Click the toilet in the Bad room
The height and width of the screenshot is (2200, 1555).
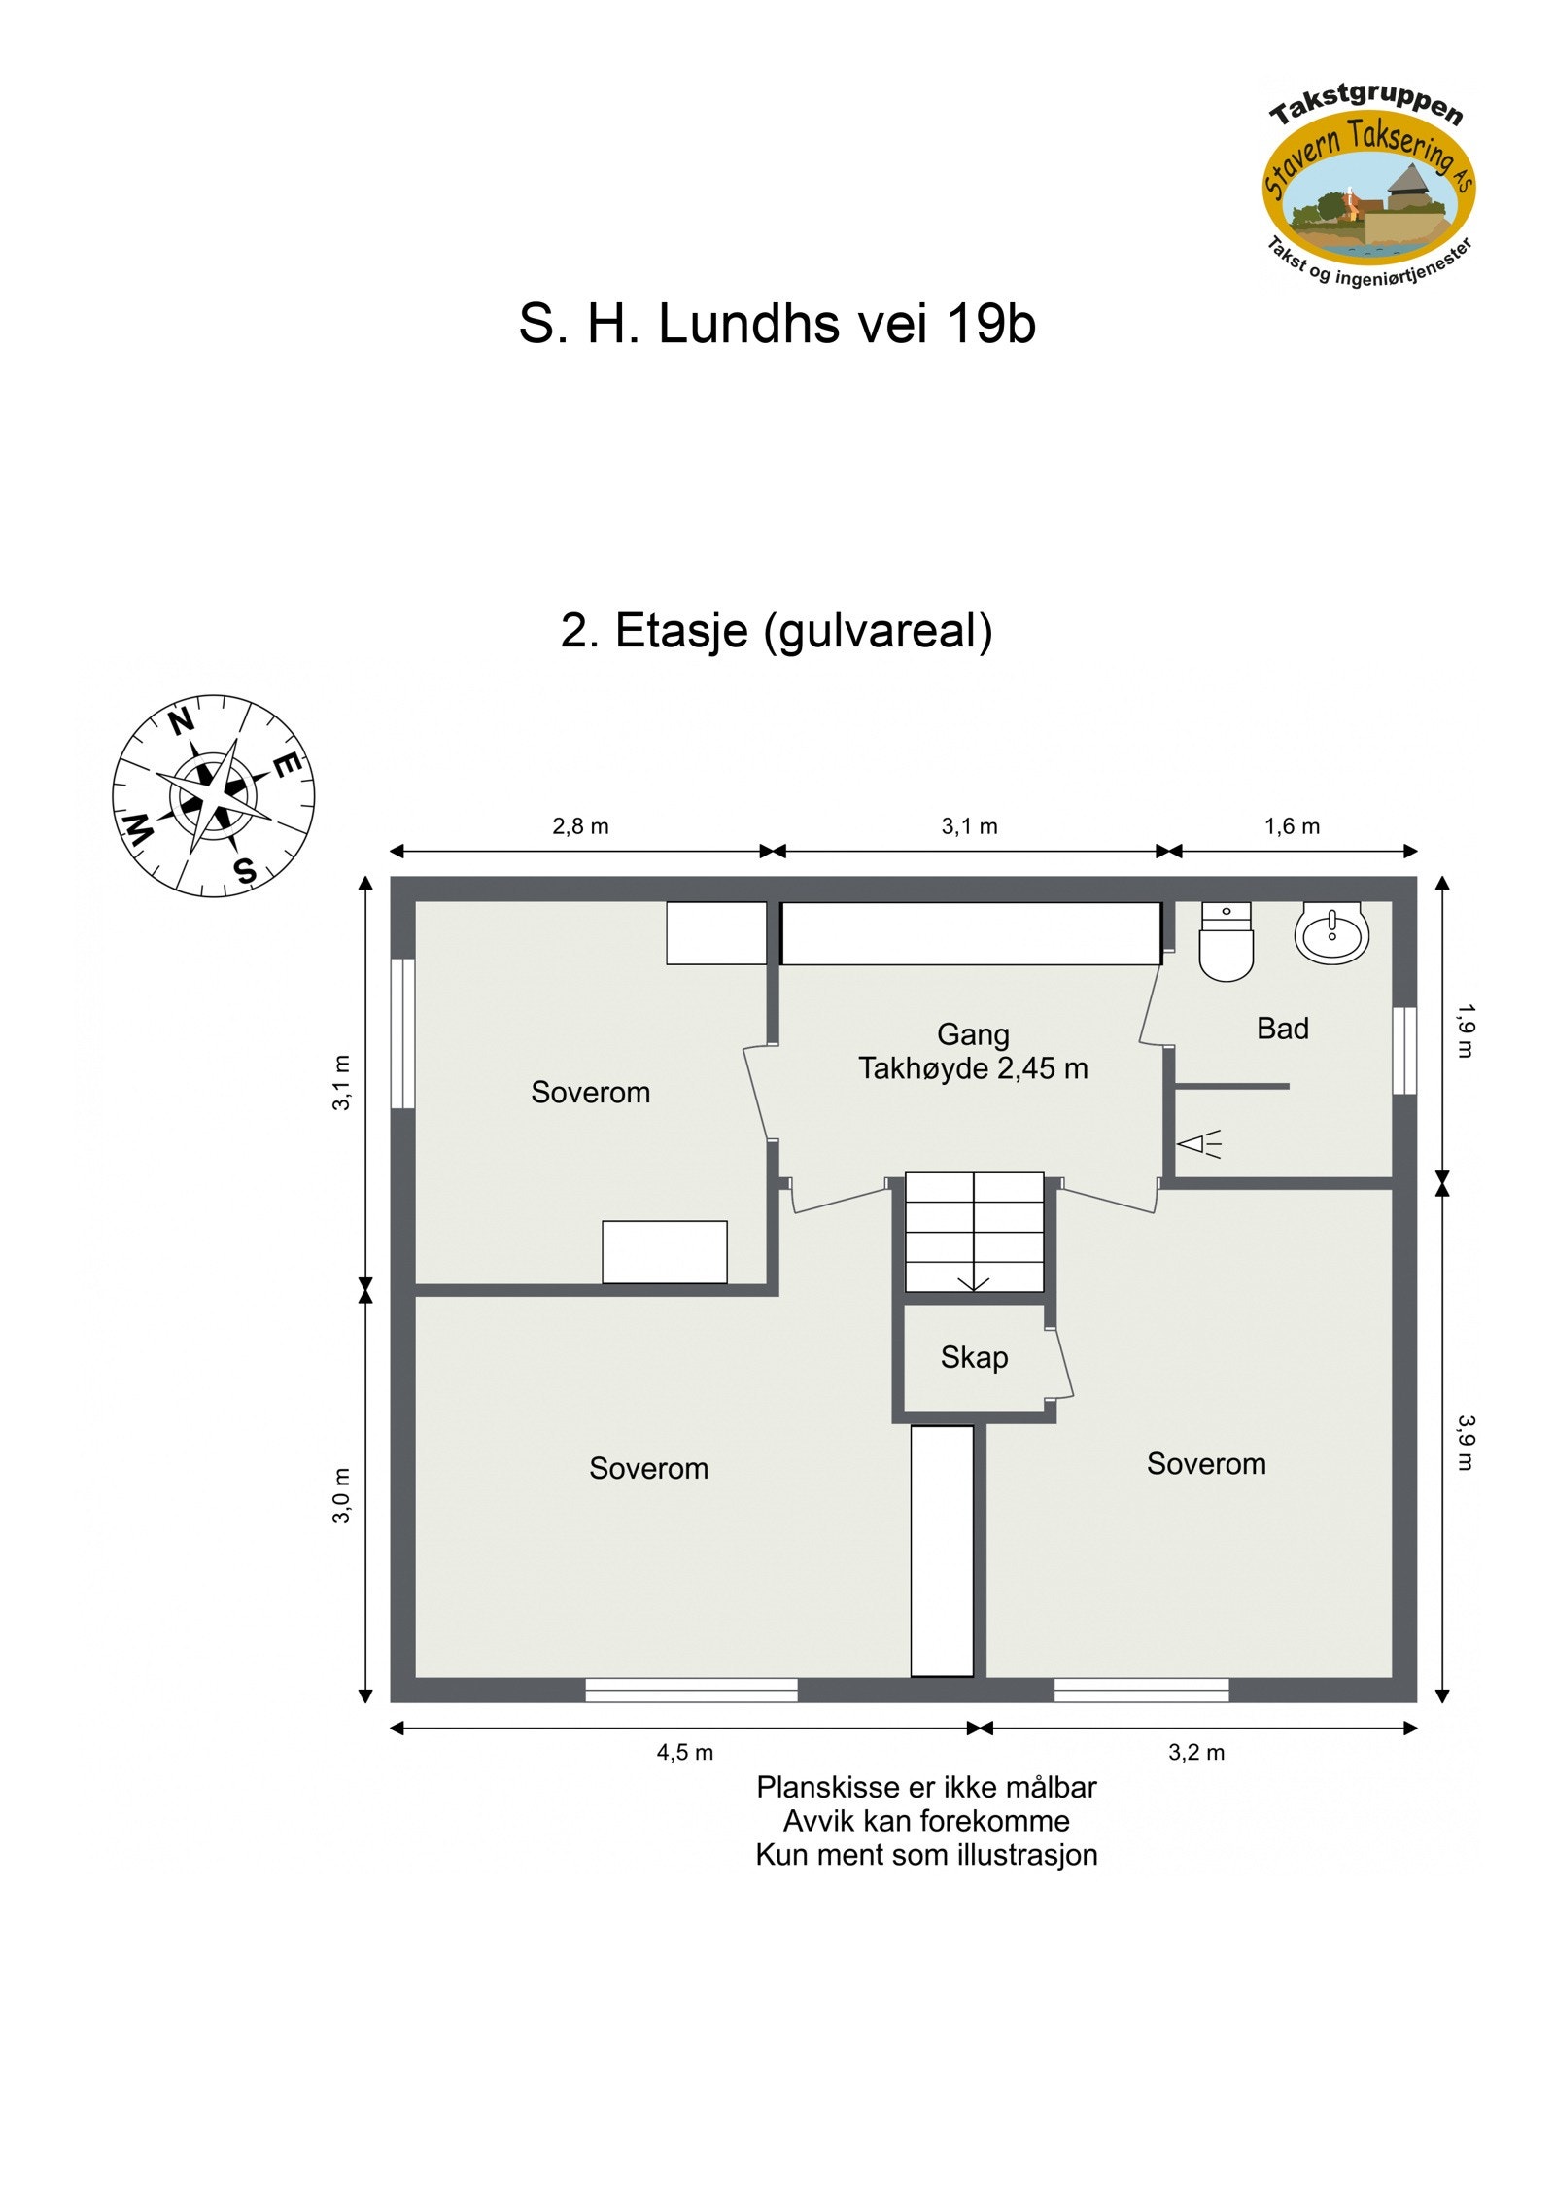click(1226, 943)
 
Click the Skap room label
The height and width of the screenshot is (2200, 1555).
click(974, 1357)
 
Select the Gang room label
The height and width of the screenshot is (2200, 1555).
click(973, 1033)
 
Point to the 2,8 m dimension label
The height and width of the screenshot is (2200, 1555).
click(580, 826)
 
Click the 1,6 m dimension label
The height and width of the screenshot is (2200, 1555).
click(1292, 826)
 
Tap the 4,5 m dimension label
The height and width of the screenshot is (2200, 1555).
click(684, 1752)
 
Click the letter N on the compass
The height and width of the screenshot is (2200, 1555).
click(181, 722)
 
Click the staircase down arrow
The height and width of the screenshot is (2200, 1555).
click(974, 1283)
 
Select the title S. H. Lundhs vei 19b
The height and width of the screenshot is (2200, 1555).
click(777, 323)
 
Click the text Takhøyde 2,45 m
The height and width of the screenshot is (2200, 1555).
click(973, 1068)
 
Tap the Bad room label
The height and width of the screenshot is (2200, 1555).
click(1282, 1028)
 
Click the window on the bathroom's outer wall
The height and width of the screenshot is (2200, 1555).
click(1404, 1050)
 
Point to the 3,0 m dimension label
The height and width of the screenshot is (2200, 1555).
click(341, 1495)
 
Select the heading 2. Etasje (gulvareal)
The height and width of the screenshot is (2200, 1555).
click(777, 630)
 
